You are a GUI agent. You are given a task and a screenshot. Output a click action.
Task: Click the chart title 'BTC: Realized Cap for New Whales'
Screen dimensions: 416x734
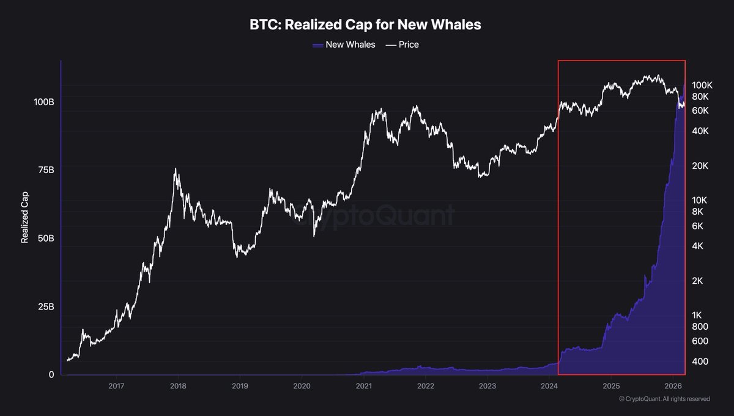[366, 25]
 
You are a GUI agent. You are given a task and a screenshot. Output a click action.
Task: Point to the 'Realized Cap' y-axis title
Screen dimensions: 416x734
[24, 220]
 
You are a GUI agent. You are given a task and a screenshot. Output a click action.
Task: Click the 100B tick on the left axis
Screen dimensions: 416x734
[43, 101]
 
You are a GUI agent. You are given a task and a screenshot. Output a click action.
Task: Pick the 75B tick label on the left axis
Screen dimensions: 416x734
[45, 169]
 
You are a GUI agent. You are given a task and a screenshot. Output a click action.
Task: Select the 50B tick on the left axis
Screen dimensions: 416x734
[45, 238]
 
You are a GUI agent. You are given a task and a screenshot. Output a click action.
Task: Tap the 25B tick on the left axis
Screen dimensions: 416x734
[45, 306]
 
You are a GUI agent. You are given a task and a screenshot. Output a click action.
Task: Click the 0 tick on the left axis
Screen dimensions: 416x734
[51, 374]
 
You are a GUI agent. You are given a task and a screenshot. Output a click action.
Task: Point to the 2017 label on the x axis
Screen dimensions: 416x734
[116, 386]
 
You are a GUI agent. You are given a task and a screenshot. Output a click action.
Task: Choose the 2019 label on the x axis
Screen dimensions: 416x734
[240, 386]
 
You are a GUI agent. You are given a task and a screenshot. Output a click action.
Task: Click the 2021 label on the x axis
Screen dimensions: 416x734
[364, 386]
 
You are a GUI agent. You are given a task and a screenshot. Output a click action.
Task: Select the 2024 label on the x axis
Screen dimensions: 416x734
[549, 386]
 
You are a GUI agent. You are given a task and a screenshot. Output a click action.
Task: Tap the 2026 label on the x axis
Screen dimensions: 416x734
[673, 386]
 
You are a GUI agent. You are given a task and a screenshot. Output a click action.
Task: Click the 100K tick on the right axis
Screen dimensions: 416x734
[702, 85]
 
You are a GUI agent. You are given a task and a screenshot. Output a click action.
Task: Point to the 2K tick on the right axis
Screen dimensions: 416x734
[697, 281]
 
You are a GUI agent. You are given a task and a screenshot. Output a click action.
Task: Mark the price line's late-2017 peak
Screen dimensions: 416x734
[176, 169]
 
